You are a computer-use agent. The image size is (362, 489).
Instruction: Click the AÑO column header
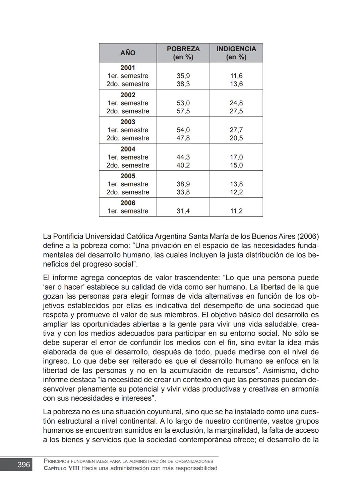pos(128,53)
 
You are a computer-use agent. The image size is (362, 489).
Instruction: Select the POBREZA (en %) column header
pos(183,53)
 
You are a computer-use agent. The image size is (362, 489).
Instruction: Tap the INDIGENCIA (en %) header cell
pos(236,53)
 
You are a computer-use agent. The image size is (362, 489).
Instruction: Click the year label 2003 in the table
pos(128,122)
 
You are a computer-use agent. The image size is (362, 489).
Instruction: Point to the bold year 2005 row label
pos(128,176)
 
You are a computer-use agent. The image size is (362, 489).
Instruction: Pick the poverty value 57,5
pos(183,111)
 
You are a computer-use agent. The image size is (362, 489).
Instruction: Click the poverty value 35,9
pos(183,76)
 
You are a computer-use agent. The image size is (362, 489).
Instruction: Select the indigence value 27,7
pos(236,130)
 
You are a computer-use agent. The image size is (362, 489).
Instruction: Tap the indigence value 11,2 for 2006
pos(236,211)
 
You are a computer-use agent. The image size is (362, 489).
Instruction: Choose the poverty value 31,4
pos(183,211)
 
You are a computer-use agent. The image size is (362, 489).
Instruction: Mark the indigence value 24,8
pos(236,103)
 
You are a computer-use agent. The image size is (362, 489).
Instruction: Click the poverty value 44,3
pos(183,157)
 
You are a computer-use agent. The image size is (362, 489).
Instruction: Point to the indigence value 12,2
pos(236,192)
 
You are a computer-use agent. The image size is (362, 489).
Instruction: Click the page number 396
pos(23,465)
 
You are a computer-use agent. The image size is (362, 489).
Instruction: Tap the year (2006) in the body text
pos(308,236)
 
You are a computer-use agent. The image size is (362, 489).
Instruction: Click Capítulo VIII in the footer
pos(62,468)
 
